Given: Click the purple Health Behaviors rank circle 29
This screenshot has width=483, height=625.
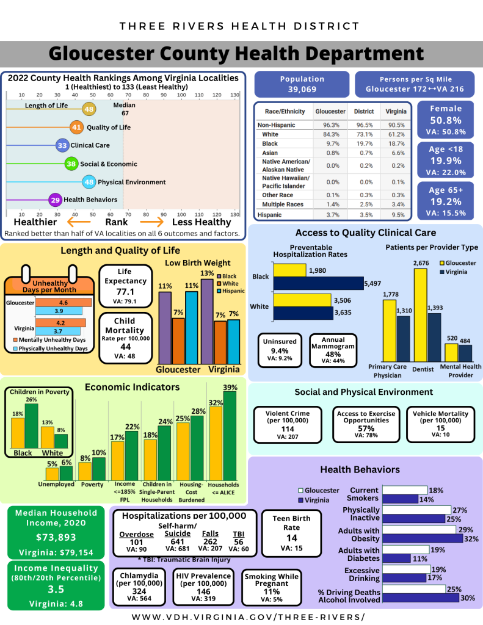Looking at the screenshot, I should tap(56, 200).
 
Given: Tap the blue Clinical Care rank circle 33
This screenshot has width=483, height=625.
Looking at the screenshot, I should tap(62, 145).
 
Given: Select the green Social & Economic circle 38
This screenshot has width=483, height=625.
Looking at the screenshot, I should tap(71, 164).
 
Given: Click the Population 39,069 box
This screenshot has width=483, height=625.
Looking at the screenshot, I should tap(302, 84).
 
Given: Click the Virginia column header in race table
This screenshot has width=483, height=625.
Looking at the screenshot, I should tap(394, 112).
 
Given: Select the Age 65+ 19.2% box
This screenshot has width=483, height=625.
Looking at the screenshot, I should tap(446, 201).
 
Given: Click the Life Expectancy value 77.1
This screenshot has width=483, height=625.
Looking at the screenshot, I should tap(125, 292).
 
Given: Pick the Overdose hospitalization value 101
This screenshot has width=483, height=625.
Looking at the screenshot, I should tap(136, 542).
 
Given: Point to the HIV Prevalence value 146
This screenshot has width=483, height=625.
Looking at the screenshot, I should tap(203, 591).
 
